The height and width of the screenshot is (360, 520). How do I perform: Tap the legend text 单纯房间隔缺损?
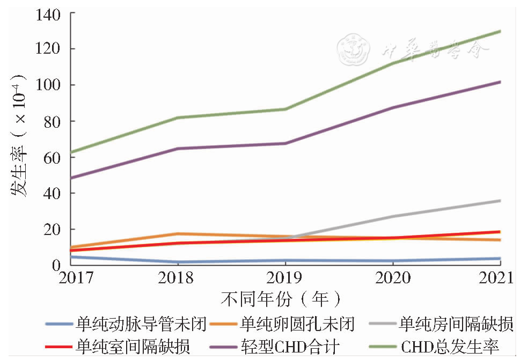coord(456,324)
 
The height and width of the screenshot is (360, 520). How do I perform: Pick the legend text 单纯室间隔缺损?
coord(133,346)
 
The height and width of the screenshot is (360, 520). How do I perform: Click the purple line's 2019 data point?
coord(285,143)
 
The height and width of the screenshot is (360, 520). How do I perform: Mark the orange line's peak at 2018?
coord(178,234)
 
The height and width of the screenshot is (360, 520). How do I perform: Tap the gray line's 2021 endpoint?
coord(500,201)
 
